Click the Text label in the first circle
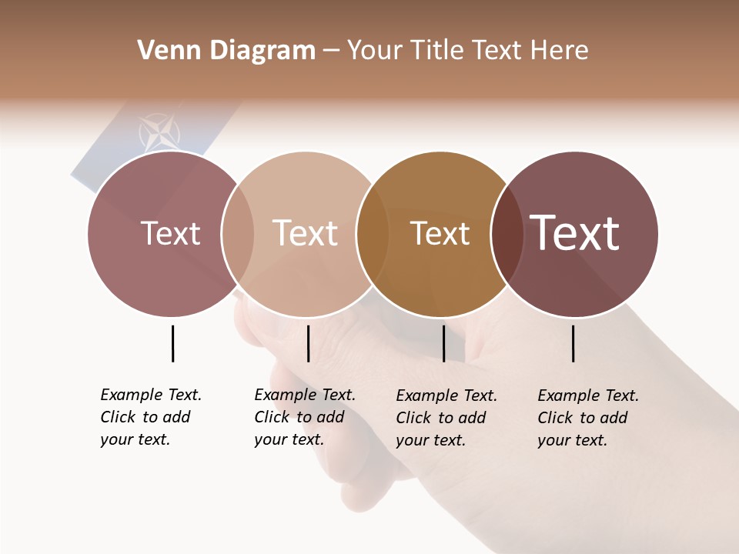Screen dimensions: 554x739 coord(170,233)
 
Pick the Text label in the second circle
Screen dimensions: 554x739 coord(305,233)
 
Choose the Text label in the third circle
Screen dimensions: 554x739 coord(440,233)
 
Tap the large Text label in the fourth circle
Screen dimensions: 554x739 coord(574,233)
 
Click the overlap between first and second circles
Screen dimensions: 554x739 coord(238,234)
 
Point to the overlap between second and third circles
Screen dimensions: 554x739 coord(373,234)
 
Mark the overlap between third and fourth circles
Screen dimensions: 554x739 coord(507,234)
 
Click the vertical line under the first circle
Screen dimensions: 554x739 coord(172,343)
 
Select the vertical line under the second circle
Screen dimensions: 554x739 coord(308,343)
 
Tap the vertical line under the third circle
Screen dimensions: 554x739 coord(443,343)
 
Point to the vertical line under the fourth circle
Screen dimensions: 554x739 coord(573,343)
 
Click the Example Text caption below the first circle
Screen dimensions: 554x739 coord(151,417)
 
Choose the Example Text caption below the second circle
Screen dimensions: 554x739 coord(305,417)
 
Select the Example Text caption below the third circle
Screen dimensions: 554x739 coord(446,418)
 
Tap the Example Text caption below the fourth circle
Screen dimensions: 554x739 coord(588,418)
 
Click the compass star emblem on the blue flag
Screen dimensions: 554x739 coord(159,133)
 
